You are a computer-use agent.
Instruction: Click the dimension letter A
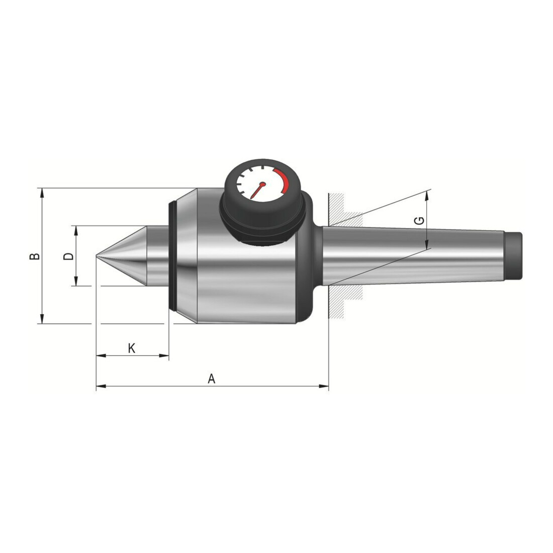(211, 379)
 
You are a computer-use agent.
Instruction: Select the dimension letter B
(35, 256)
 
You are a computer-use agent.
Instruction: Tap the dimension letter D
(68, 256)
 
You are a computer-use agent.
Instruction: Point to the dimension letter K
(131, 348)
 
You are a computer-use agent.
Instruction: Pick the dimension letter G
(419, 221)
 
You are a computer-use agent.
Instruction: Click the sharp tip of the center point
(97, 256)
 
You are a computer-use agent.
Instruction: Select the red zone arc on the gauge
(283, 179)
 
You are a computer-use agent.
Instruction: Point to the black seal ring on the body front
(172, 256)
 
